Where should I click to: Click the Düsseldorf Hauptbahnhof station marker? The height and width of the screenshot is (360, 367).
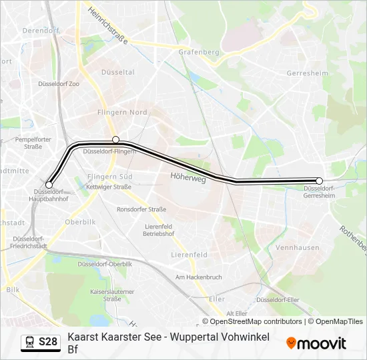49,185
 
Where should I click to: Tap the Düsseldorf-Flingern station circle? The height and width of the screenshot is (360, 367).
116,139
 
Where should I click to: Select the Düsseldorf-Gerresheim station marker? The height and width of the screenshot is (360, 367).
320,181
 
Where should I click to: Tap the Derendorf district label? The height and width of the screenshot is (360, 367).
41,31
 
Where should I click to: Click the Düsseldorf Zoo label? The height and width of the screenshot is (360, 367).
59,85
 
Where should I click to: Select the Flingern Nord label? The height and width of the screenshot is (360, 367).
122,113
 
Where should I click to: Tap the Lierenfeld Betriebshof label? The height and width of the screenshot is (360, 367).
158,230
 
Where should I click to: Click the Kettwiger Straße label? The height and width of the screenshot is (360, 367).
109,187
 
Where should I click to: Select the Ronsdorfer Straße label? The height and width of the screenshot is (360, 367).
141,209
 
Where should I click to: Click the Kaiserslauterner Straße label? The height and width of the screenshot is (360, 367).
112,295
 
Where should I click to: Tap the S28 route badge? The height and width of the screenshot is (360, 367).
40,342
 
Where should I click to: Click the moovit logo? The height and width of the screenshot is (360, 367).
316,343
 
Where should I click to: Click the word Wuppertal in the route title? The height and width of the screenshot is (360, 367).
189,337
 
